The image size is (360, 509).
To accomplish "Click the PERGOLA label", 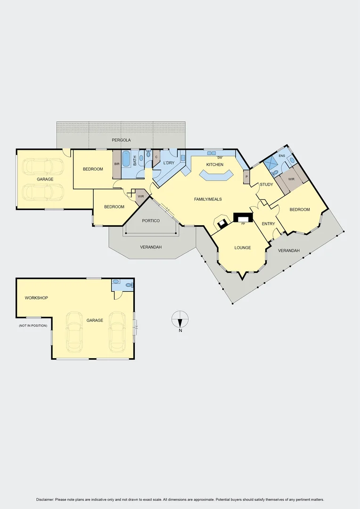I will [x=121, y=140].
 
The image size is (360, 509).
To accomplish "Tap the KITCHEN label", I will [x=214, y=164].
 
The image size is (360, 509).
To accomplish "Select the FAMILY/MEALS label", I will [x=208, y=199].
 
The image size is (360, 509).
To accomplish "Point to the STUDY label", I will [x=266, y=184].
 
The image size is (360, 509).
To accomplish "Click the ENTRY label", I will [x=268, y=224].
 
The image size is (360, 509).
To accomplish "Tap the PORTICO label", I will [x=151, y=221].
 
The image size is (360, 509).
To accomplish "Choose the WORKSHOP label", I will [x=36, y=298].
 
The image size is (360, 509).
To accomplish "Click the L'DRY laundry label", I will [x=169, y=163].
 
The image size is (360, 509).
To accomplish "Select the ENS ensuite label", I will [x=282, y=156].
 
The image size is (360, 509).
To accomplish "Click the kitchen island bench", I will [x=216, y=176].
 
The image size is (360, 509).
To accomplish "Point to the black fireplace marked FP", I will [x=243, y=217].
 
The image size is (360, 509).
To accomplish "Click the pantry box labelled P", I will [x=246, y=177].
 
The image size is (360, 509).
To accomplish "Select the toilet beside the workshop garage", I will [x=129, y=285].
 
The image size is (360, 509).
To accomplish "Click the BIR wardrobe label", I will [x=117, y=164].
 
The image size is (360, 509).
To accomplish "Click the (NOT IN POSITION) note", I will [x=33, y=326].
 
